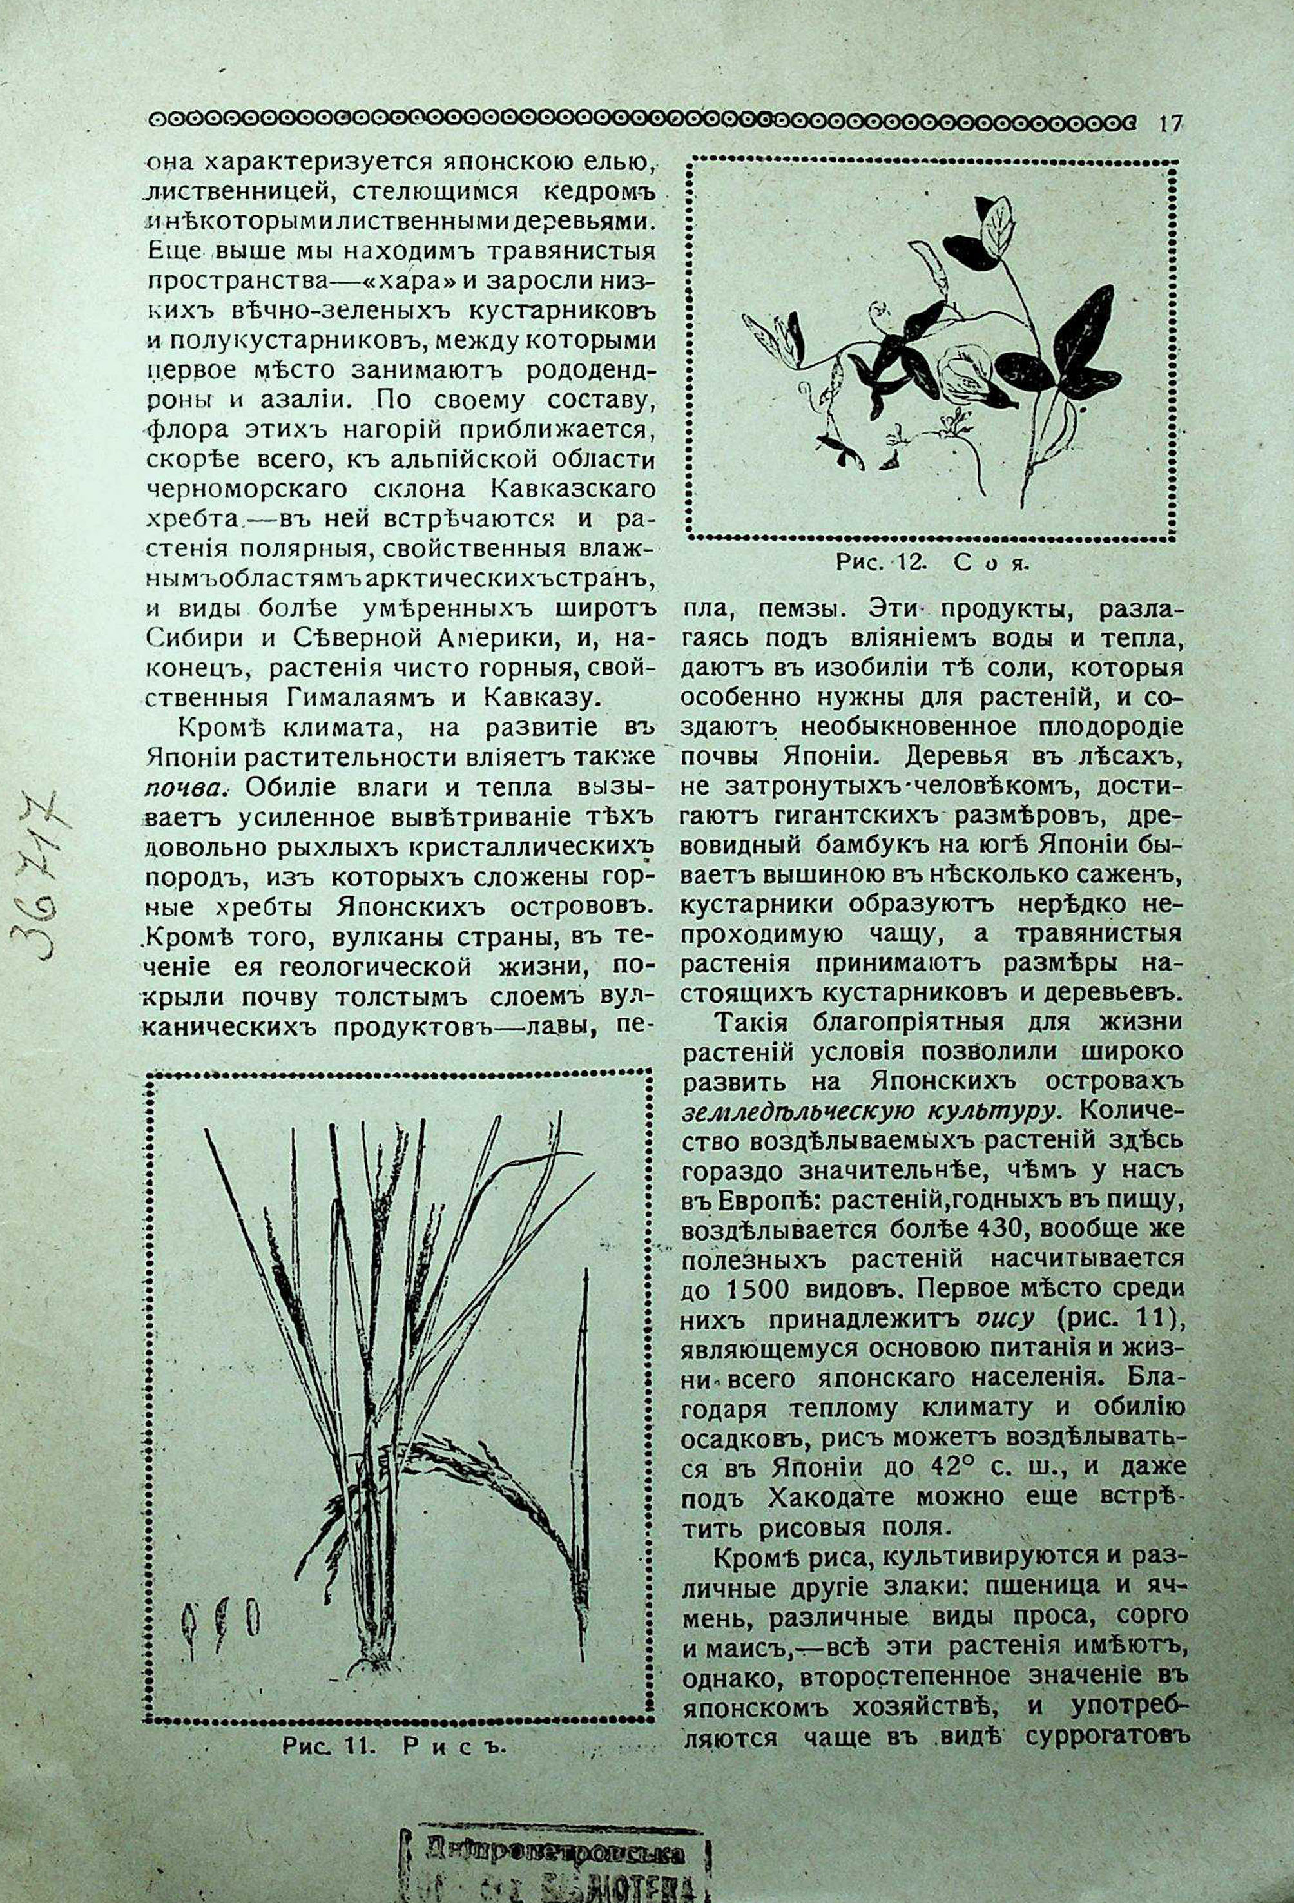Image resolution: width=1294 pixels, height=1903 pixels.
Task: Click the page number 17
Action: pos(1169,124)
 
